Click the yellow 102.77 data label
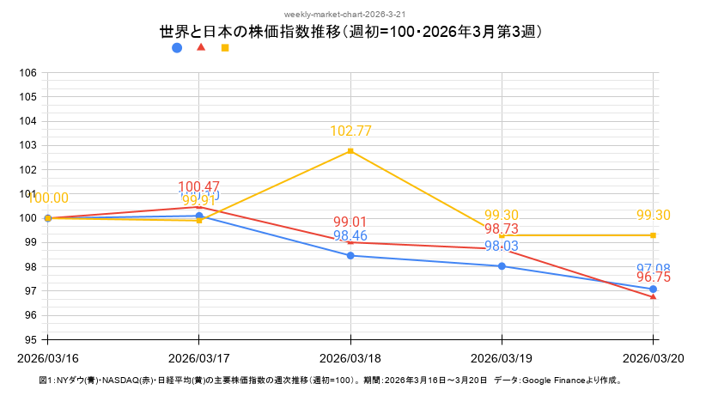point(350,131)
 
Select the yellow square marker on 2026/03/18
point(350,151)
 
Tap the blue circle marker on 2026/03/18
point(350,255)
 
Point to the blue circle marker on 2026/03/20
point(653,289)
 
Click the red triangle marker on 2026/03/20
point(653,296)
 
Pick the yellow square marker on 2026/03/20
point(653,235)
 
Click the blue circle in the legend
point(177,48)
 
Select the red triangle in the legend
point(201,47)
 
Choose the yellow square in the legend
point(225,48)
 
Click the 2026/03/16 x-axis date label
point(48,356)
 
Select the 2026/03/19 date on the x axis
point(502,356)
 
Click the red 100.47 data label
point(199,186)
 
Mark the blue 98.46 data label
point(350,235)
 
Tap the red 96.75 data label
point(653,277)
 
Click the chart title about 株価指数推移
point(352,32)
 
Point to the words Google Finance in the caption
point(549,380)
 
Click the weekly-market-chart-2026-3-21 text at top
point(352,15)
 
